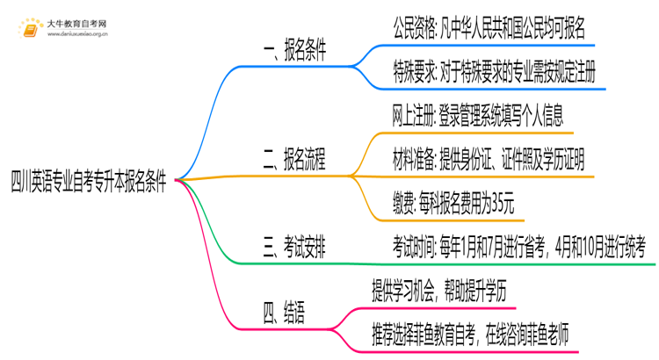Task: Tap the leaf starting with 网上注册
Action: (x=478, y=115)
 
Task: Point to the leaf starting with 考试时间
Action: (x=518, y=243)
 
